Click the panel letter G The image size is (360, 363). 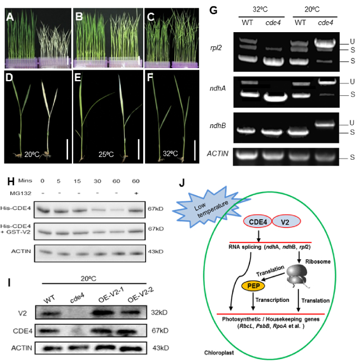tap(213, 10)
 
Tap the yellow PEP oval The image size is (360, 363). tap(253, 286)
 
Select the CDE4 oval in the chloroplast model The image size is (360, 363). tap(258, 222)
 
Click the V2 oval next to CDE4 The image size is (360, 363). tap(286, 222)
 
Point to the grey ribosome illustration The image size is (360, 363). tap(297, 276)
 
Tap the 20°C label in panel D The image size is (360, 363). tap(32, 154)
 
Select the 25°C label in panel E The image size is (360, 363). tap(106, 154)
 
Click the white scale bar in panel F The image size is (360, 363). tap(195, 150)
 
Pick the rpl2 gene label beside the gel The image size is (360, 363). tap(216, 47)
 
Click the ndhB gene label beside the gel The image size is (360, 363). tap(217, 126)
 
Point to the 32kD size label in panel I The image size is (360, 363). tap(159, 312)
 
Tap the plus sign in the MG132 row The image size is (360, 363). tap(136, 193)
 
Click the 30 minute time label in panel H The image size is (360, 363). tap(97, 181)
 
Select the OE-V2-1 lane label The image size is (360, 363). tap(111, 295)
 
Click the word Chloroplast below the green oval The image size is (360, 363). tap(219, 353)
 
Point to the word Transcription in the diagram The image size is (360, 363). tap(272, 300)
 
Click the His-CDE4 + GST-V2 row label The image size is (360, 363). tap(15, 229)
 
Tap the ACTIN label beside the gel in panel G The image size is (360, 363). tap(217, 154)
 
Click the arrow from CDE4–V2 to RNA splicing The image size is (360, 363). tap(259, 235)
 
